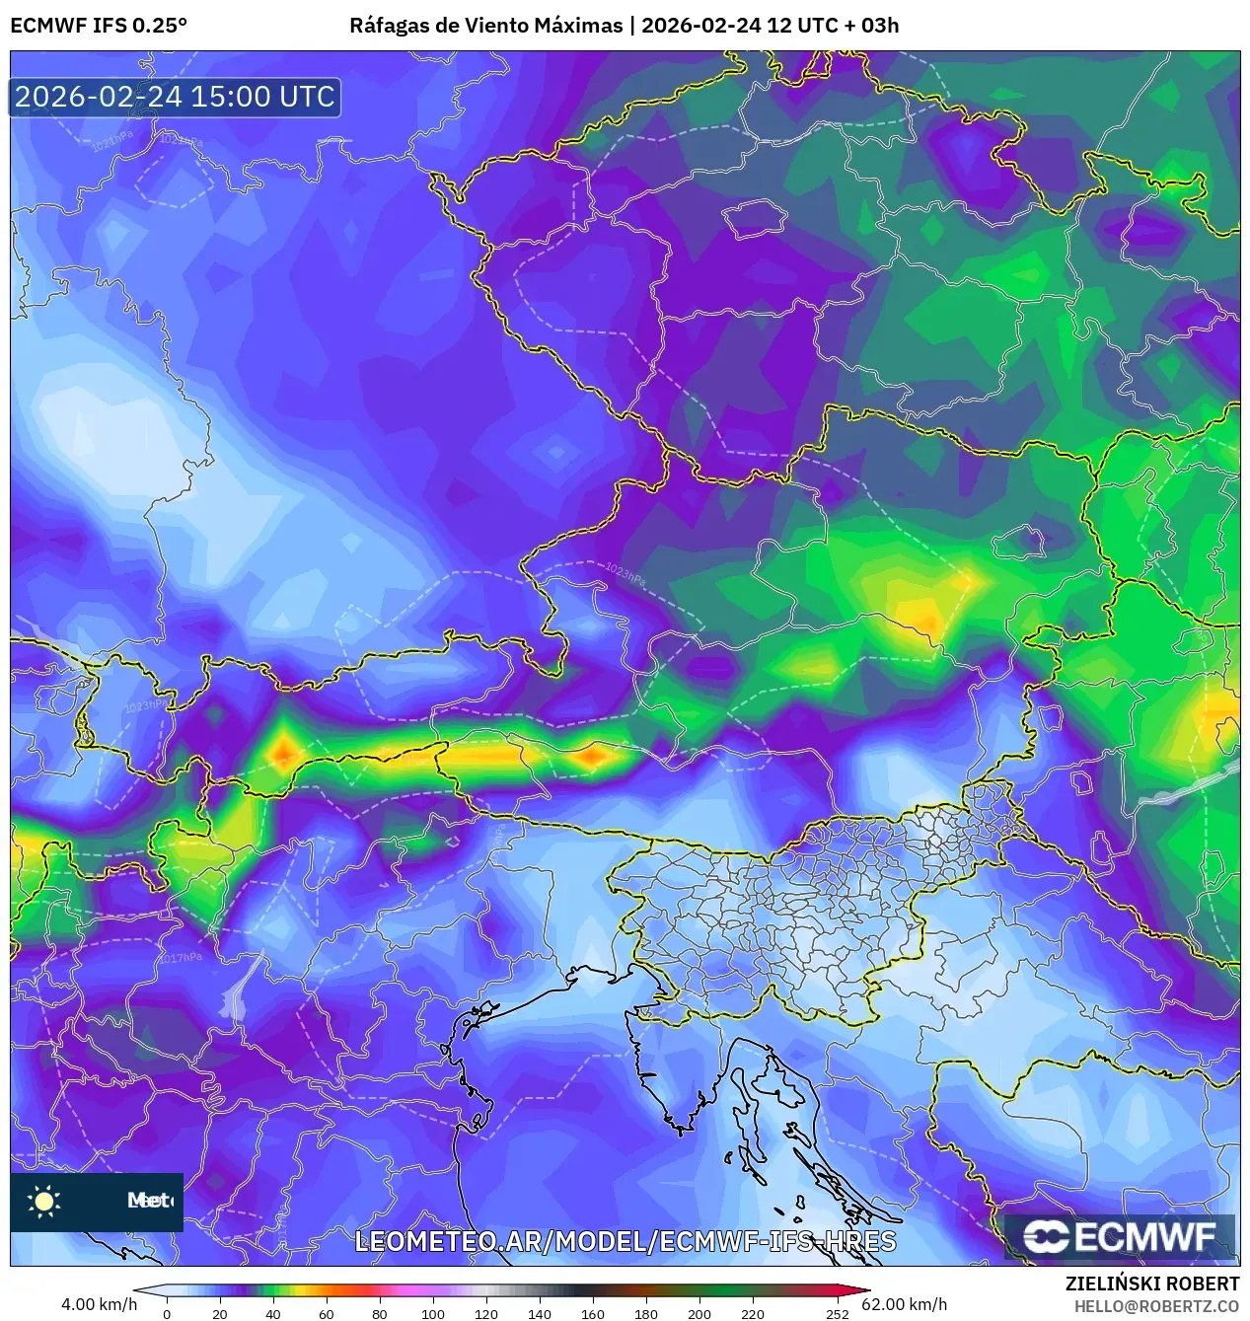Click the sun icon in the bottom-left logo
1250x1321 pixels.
(x=44, y=1201)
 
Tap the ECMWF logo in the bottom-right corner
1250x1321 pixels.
(x=1120, y=1237)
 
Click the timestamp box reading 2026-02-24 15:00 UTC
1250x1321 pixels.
(x=176, y=97)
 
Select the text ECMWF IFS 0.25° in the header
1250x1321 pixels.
(x=99, y=26)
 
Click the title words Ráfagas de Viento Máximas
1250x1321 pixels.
(x=487, y=26)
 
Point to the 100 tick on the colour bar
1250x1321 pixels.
(x=432, y=1313)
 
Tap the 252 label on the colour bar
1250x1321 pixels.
(x=837, y=1313)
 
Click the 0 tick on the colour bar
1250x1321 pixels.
(x=166, y=1313)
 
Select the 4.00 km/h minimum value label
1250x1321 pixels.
(x=100, y=1304)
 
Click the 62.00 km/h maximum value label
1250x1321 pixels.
(x=905, y=1304)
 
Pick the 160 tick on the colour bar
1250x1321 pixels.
(x=592, y=1313)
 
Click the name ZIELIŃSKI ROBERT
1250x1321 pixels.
(x=1152, y=1284)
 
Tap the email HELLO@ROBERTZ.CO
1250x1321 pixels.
(x=1156, y=1305)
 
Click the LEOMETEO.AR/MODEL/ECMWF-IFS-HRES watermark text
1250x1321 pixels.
(x=625, y=1241)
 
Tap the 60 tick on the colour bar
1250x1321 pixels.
(x=326, y=1313)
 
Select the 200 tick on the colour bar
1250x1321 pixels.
(x=699, y=1313)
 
